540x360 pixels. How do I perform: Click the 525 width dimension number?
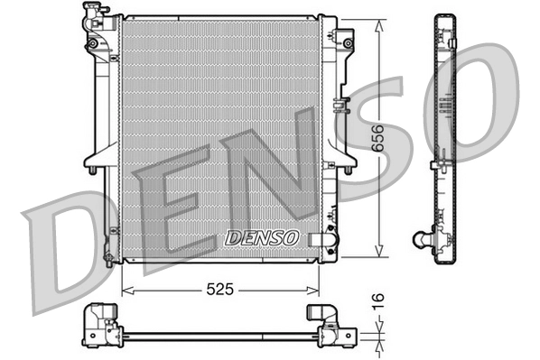[x=219, y=291]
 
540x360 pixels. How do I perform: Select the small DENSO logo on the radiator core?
[x=260, y=237]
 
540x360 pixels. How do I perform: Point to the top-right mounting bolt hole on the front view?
[x=348, y=41]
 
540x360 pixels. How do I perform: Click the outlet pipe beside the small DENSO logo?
[x=321, y=238]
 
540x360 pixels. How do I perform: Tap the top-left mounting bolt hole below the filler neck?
[x=93, y=43]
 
